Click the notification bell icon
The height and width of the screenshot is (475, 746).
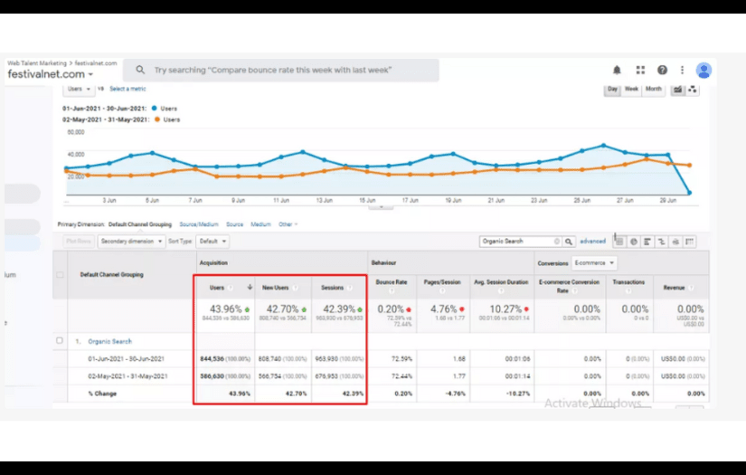(617, 70)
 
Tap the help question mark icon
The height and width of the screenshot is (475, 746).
(662, 70)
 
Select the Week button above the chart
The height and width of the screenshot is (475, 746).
(631, 90)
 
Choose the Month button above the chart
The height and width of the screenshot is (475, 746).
(653, 90)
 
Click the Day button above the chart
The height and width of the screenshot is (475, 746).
(612, 90)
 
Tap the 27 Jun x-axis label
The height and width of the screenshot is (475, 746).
(624, 200)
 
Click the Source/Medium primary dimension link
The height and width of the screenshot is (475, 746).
(198, 224)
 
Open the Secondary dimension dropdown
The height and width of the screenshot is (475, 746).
(132, 242)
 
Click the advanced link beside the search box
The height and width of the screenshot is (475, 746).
(592, 242)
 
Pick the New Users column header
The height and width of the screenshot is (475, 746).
(275, 288)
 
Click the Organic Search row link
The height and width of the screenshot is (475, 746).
(110, 341)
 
